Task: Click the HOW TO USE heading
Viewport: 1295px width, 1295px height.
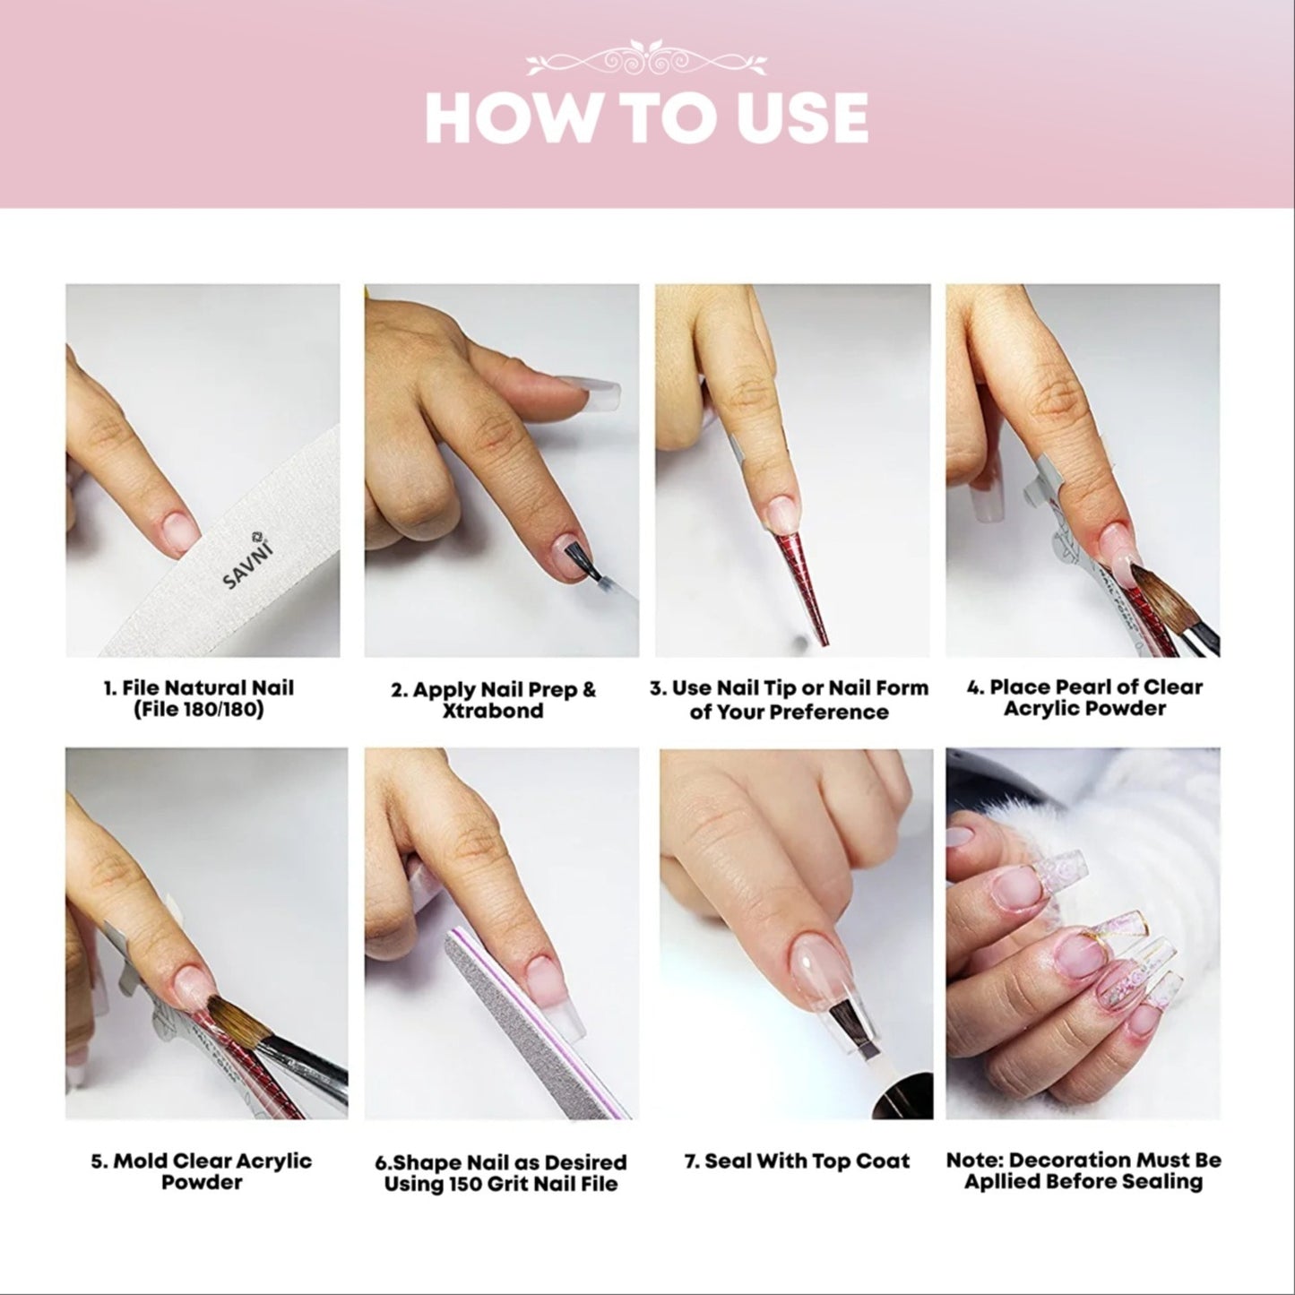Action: point(646,117)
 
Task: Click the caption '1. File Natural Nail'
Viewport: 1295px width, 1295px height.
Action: point(198,688)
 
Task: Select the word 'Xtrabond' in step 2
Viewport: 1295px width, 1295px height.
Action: point(493,711)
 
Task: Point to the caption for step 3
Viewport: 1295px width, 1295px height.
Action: point(789,700)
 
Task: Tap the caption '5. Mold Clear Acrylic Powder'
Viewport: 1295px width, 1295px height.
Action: point(202,1170)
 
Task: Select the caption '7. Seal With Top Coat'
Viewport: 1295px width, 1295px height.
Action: point(797,1161)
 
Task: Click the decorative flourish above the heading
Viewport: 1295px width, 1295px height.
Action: point(646,59)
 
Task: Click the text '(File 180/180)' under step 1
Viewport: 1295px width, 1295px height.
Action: point(198,712)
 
